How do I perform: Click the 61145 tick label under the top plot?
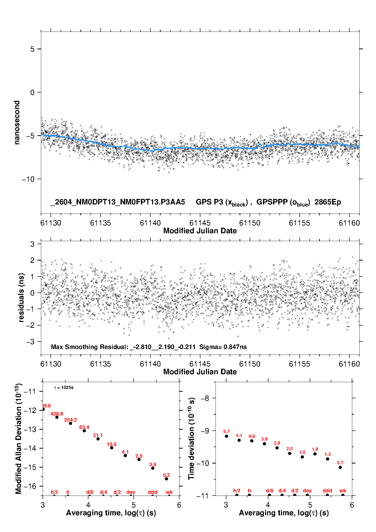click(x=200, y=223)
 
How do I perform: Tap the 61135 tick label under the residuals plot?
click(x=101, y=364)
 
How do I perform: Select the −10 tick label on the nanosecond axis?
click(x=28, y=179)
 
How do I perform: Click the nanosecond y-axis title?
click(x=17, y=123)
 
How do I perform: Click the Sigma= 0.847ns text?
click(x=223, y=347)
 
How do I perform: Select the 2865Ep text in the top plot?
click(x=328, y=202)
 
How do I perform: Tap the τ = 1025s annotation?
click(x=64, y=388)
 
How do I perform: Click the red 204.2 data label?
click(x=70, y=420)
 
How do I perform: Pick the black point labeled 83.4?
click(x=84, y=431)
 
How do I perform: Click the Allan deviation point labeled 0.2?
click(x=166, y=479)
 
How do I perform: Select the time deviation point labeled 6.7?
click(x=226, y=436)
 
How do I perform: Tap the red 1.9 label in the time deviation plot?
click(x=315, y=449)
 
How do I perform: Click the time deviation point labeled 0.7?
click(x=340, y=467)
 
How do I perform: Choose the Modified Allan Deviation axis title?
click(x=19, y=438)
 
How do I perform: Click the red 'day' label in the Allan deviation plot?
click(x=131, y=492)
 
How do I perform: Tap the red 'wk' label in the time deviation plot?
click(x=343, y=491)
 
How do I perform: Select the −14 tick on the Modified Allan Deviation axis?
click(x=30, y=448)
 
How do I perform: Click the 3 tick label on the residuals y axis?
click(x=32, y=244)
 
